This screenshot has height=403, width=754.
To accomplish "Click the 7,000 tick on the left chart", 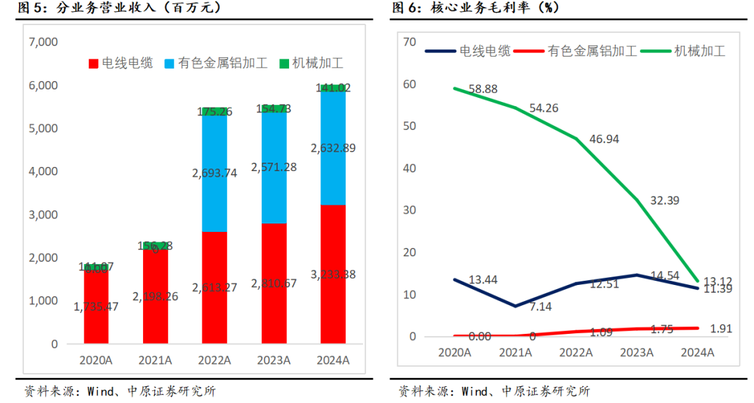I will tap(43, 42).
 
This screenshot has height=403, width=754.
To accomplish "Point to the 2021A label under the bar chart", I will tap(155, 360).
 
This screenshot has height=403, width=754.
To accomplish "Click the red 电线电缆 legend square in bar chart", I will tap(94, 64).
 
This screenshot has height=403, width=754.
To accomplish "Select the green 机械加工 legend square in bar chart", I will tap(284, 64).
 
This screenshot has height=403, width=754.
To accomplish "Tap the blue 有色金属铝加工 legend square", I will tap(170, 64).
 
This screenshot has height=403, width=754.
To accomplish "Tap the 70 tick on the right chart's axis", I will tap(409, 43).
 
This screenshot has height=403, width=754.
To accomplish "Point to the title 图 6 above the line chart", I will tap(406, 8).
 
